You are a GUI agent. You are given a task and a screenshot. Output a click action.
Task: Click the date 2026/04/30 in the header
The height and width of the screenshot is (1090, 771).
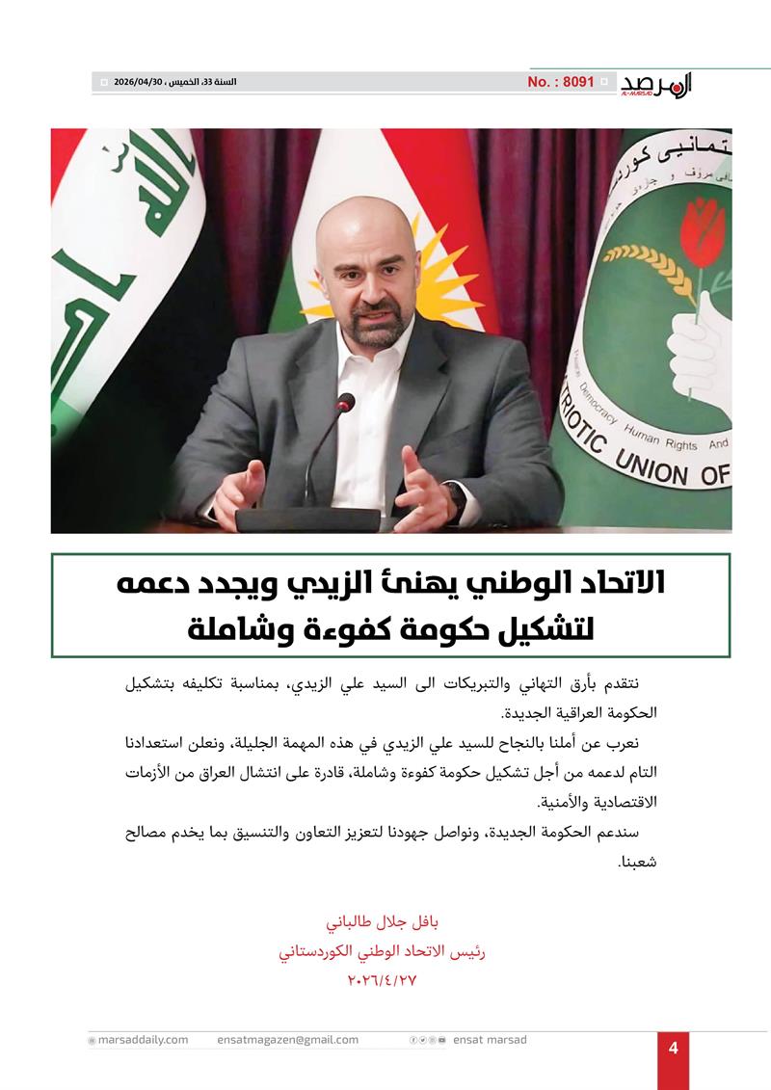click(x=139, y=82)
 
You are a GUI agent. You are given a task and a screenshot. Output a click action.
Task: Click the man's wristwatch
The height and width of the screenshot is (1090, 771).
click(x=456, y=494)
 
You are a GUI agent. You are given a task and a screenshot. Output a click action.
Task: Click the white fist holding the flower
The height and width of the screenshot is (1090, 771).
click(x=701, y=347)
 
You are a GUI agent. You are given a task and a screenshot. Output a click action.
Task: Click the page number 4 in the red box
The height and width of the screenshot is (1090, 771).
click(x=674, y=1049)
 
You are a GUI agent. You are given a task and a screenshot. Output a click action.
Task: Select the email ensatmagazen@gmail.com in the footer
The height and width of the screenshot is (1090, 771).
click(x=287, y=1040)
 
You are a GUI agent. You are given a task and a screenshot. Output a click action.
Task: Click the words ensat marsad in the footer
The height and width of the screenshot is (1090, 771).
click(x=490, y=1040)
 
